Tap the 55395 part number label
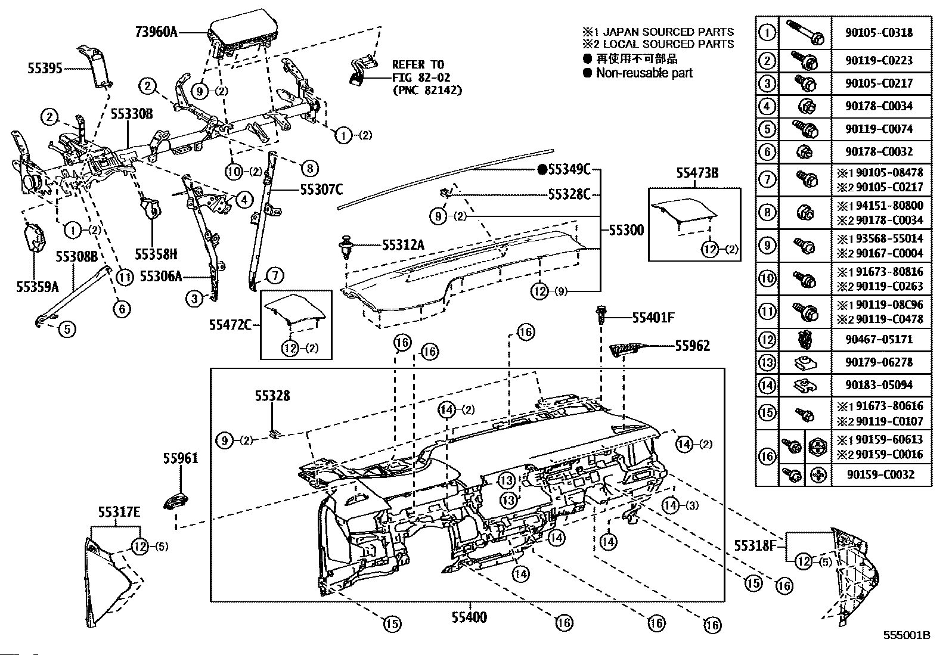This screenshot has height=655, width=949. (45, 69)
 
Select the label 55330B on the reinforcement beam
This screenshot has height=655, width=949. (131, 114)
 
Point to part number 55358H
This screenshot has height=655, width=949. (155, 254)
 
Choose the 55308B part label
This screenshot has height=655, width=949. (77, 257)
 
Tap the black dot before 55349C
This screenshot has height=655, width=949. (542, 170)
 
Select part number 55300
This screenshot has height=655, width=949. (626, 230)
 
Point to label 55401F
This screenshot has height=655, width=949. (653, 318)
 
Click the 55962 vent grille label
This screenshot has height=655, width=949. (692, 346)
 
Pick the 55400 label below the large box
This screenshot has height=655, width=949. (469, 617)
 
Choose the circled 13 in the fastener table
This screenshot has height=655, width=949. (767, 362)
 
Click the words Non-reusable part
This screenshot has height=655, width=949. (644, 73)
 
